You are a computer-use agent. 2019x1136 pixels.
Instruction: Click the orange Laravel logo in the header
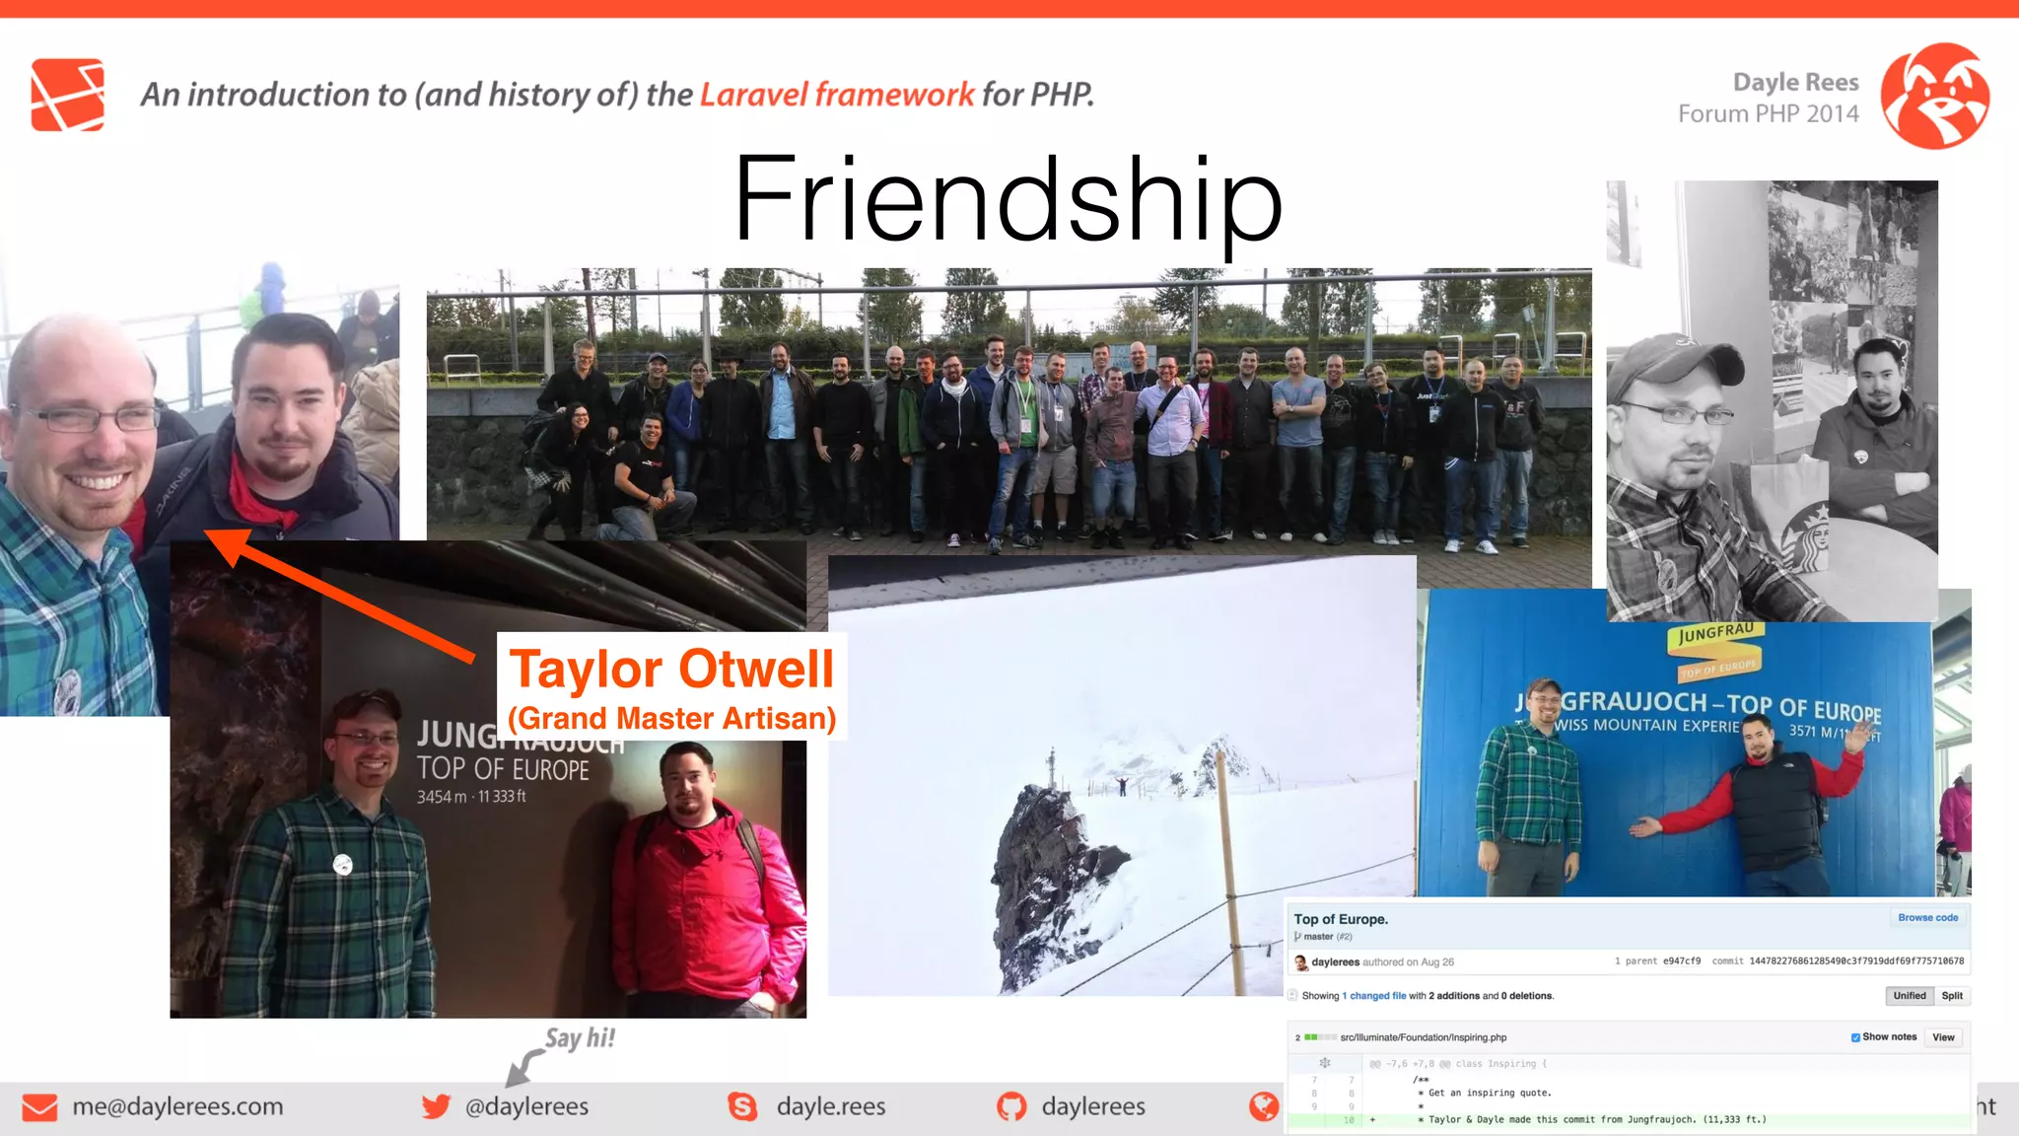tap(67, 95)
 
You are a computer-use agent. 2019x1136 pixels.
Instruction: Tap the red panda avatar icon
tap(1934, 96)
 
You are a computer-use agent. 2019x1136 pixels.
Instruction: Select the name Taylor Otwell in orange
tap(671, 670)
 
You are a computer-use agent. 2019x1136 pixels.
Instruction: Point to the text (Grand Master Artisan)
tap(671, 719)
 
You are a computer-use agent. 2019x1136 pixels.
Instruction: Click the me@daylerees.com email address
tap(177, 1106)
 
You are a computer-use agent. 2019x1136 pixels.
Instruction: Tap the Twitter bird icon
tap(436, 1106)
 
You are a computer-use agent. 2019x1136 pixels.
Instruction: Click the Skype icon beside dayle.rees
tap(742, 1106)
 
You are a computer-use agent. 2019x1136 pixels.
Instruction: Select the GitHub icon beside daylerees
tap(1011, 1106)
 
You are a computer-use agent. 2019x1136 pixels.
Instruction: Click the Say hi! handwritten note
tap(580, 1038)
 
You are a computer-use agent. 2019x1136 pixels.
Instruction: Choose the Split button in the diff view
tap(1952, 996)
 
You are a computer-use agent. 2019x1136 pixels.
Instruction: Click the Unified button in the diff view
tap(1909, 996)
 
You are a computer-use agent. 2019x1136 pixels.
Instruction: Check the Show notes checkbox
tap(1855, 1037)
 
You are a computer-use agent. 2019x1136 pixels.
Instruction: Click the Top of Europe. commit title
tap(1341, 919)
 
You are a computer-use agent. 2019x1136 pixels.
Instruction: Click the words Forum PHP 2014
tap(1769, 114)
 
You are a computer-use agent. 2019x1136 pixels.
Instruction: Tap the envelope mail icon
tap(39, 1107)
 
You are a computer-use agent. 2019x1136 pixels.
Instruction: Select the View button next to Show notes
tap(1943, 1037)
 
